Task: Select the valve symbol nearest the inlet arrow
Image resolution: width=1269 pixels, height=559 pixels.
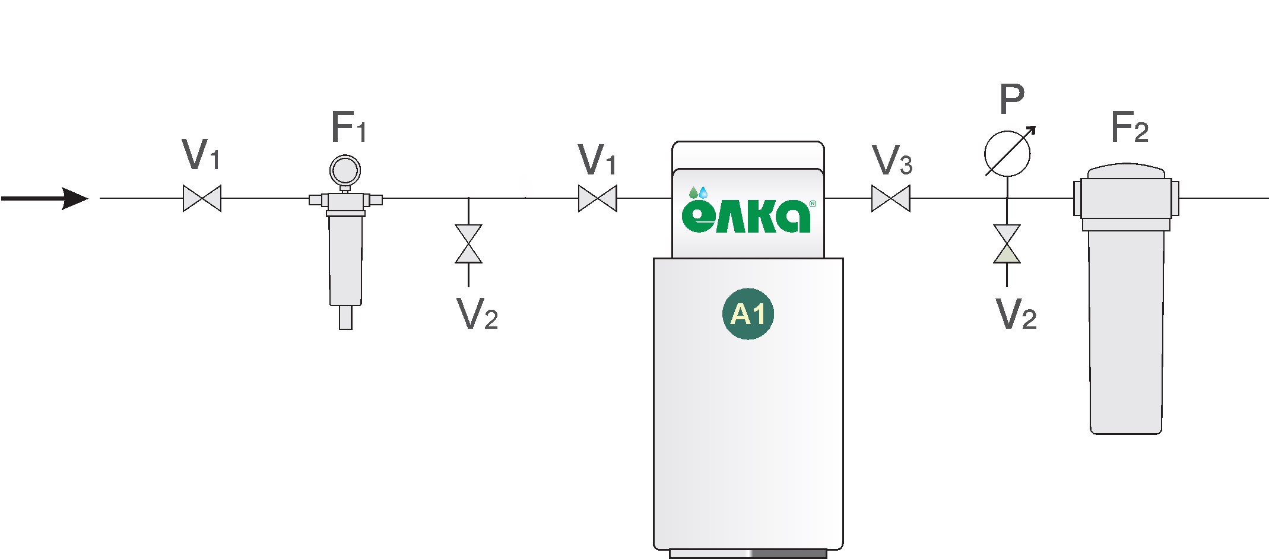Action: [202, 198]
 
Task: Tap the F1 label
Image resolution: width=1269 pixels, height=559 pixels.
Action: [349, 127]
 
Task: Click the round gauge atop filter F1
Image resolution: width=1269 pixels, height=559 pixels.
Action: [345, 170]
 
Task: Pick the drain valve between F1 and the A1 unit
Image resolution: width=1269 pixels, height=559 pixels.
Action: [468, 244]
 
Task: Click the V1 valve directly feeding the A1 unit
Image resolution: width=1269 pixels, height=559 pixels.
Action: [597, 198]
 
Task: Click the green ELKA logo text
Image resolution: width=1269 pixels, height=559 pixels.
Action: [746, 216]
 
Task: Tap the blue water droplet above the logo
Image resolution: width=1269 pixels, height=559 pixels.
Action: [703, 192]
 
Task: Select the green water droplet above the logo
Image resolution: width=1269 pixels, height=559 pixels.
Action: [693, 192]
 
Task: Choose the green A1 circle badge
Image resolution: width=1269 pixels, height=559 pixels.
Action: [748, 314]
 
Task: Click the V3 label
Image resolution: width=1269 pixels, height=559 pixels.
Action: [892, 160]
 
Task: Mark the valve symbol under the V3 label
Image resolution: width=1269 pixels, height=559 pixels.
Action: [890, 198]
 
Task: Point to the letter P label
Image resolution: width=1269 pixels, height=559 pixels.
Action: [1012, 100]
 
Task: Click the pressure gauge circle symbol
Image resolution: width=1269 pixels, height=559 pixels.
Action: [1007, 154]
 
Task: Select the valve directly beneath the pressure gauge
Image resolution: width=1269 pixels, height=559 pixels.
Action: [1007, 244]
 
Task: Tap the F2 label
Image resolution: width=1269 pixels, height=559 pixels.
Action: [1130, 127]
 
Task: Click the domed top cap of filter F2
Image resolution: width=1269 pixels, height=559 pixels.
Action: [1126, 171]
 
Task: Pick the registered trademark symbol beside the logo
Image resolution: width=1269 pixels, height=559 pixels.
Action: [813, 204]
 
